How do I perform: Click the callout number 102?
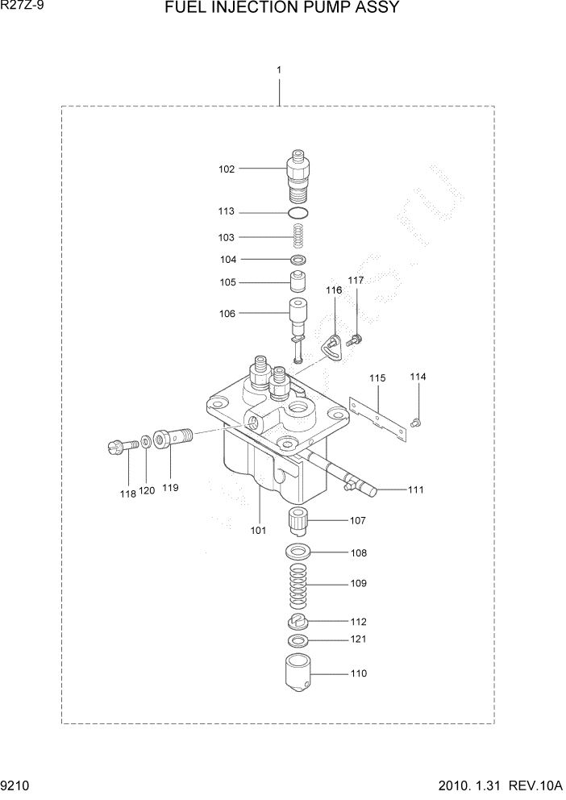[227, 169]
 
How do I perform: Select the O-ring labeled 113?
[298, 213]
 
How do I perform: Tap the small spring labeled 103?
[298, 237]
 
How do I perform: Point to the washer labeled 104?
[298, 260]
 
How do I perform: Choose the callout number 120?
[146, 490]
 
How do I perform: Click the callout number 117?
[356, 280]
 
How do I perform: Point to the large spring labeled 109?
[298, 584]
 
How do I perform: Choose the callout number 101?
[258, 531]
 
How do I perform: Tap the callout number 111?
[416, 490]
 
